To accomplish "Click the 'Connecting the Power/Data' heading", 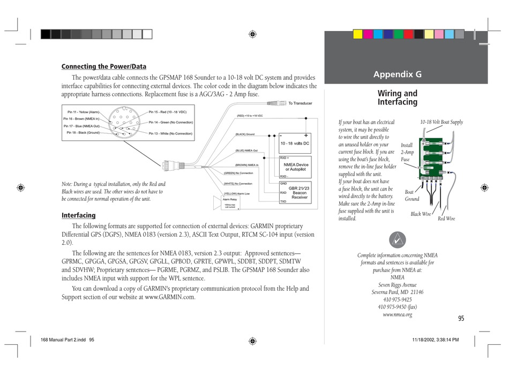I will point(104,66).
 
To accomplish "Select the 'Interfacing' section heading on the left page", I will point(78,215).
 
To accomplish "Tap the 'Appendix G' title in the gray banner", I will point(397,74).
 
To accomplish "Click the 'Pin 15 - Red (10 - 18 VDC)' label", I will point(167,112).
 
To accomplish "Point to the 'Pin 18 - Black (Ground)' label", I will point(83,132).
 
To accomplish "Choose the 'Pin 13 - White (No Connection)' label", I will point(170,133).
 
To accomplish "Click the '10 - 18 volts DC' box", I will point(295,144).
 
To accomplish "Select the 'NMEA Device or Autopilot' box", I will point(296,167).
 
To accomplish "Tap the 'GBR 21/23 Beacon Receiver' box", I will point(298,193).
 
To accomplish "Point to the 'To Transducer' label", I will point(300,103).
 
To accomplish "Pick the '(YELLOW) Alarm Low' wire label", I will point(237,193).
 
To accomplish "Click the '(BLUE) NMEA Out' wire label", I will point(247,150).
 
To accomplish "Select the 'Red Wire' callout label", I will point(446,218).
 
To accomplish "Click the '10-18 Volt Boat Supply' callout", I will point(441,122).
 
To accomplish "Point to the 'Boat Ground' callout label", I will point(411,195).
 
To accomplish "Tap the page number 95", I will point(461,319).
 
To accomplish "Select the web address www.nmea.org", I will point(397,315).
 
